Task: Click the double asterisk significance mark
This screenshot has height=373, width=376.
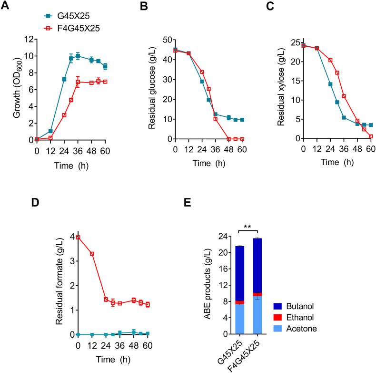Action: (x=248, y=226)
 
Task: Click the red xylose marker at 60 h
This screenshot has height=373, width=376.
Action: (x=370, y=136)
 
